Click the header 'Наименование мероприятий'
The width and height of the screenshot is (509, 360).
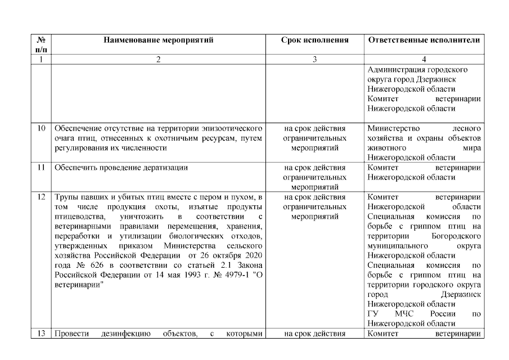pos(158,40)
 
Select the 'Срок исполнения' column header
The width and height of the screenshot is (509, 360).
pos(314,40)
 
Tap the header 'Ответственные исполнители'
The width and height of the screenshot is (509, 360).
pos(424,40)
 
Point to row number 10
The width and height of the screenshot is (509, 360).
pos(41,128)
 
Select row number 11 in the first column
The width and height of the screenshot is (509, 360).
pos(41,168)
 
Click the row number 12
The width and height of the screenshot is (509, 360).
pos(41,197)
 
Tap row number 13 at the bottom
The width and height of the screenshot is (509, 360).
pos(41,334)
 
